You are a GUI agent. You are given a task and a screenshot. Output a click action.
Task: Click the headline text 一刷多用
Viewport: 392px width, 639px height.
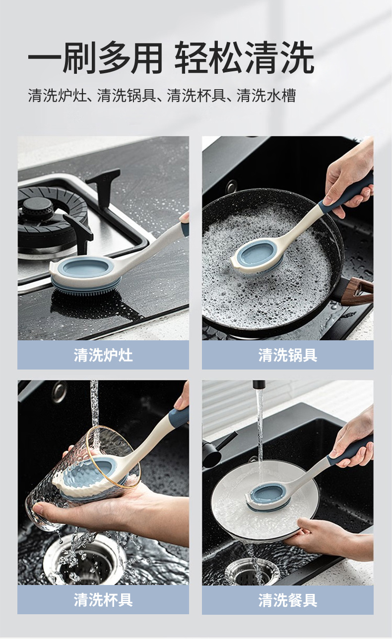95,58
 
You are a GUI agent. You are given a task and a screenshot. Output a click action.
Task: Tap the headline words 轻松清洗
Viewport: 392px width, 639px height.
245,58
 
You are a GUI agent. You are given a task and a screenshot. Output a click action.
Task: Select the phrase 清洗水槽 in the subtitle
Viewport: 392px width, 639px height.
266,96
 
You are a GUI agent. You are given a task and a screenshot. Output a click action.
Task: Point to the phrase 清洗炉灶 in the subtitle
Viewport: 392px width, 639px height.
57,96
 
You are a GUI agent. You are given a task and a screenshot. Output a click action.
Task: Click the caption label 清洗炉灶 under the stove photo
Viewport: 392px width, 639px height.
103,355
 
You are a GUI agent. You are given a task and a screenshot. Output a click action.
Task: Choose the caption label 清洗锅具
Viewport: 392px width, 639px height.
288,355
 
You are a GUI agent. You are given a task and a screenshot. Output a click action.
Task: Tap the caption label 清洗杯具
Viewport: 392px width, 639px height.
103,600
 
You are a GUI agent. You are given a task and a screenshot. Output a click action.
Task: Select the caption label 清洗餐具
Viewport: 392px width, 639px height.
288,600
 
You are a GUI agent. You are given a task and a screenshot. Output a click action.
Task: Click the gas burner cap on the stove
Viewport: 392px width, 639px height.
38,206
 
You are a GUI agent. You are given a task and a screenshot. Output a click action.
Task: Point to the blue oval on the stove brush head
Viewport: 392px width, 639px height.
86,268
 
